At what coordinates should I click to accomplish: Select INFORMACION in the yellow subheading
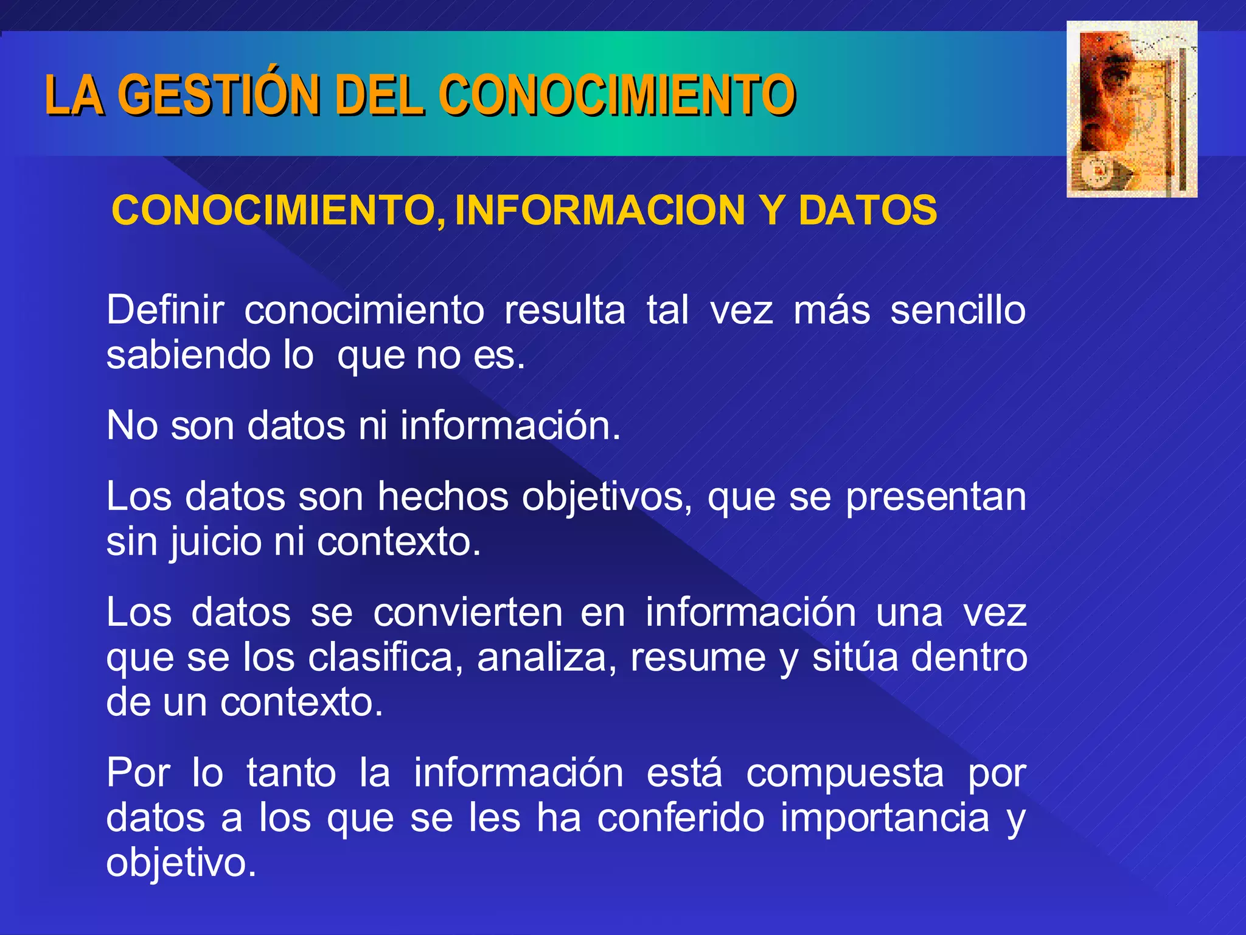pyautogui.click(x=600, y=210)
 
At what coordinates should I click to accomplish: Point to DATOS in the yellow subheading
pyautogui.click(x=868, y=210)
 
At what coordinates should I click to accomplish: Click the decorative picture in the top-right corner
pyautogui.click(x=1132, y=110)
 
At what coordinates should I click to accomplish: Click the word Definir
pyautogui.click(x=165, y=310)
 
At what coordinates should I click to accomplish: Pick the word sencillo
pyautogui.click(x=958, y=310)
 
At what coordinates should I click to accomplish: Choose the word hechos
pyautogui.click(x=442, y=497)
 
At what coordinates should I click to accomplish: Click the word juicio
pyautogui.click(x=215, y=542)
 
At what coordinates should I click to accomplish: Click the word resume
pyautogui.click(x=698, y=657)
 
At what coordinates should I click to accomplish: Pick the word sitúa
pyautogui.click(x=855, y=657)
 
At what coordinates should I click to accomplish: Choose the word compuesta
pyautogui.click(x=845, y=773)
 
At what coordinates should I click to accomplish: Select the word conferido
pyautogui.click(x=680, y=818)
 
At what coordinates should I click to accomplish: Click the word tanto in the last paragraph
pyautogui.click(x=291, y=773)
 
